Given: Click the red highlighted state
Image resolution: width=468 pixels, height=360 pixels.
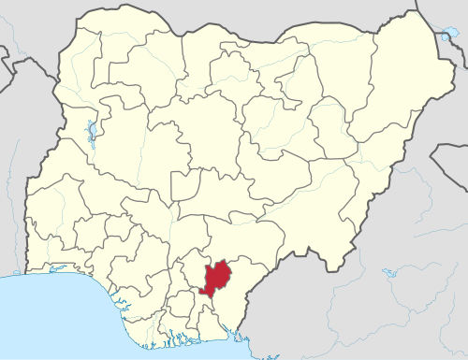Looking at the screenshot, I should [218, 278].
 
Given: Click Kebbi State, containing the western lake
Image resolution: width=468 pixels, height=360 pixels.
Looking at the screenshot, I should [80, 103].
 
